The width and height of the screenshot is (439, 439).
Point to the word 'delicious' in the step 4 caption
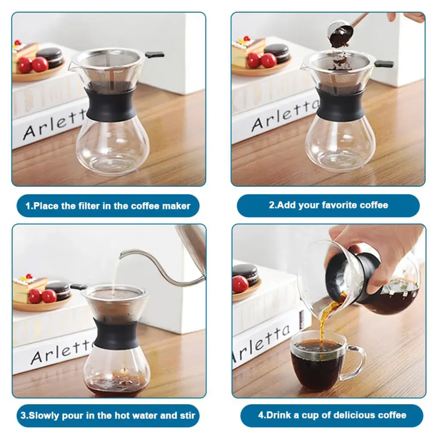point(345,415)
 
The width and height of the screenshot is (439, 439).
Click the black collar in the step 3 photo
point(117,333)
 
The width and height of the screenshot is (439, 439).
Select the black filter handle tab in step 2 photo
point(384,64)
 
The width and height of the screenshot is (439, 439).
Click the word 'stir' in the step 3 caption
point(187,415)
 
